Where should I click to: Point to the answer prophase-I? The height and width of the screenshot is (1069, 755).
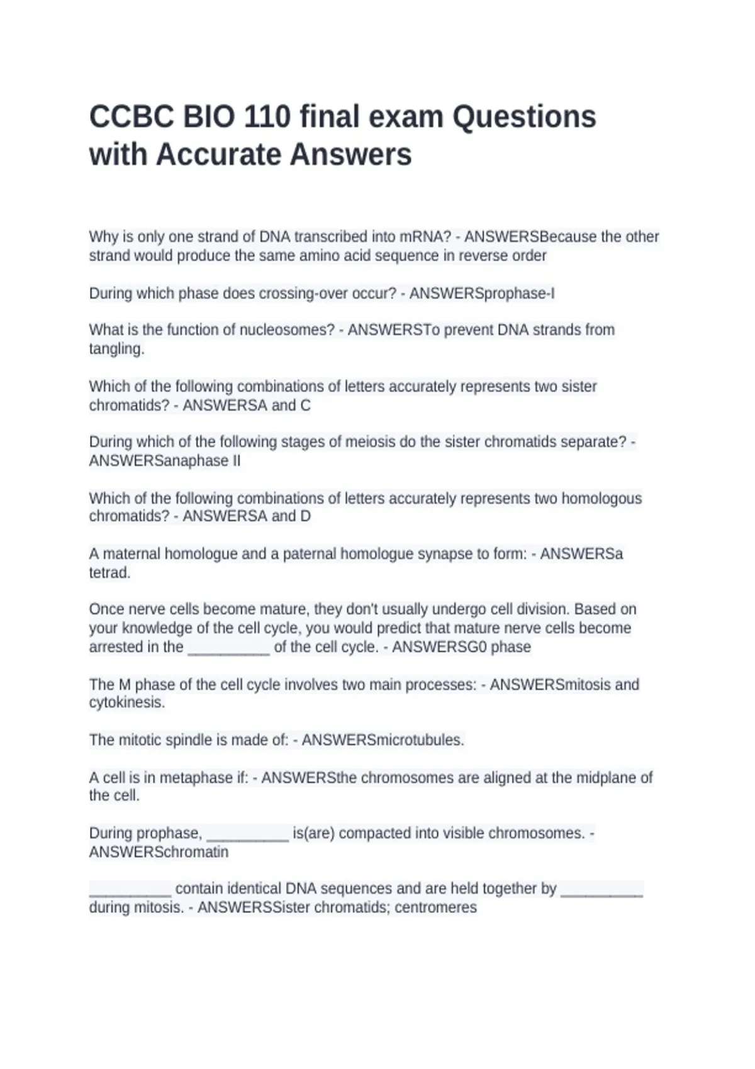[x=517, y=294]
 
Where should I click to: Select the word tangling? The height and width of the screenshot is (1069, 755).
[x=116, y=349]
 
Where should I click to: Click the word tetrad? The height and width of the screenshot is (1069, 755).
[x=109, y=573]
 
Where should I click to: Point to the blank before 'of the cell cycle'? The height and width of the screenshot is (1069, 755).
[x=229, y=648]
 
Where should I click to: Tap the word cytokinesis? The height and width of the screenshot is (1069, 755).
[x=126, y=702]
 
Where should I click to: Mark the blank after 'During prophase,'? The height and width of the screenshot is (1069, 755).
[x=247, y=834]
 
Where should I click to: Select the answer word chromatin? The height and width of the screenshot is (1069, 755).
[x=192, y=853]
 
